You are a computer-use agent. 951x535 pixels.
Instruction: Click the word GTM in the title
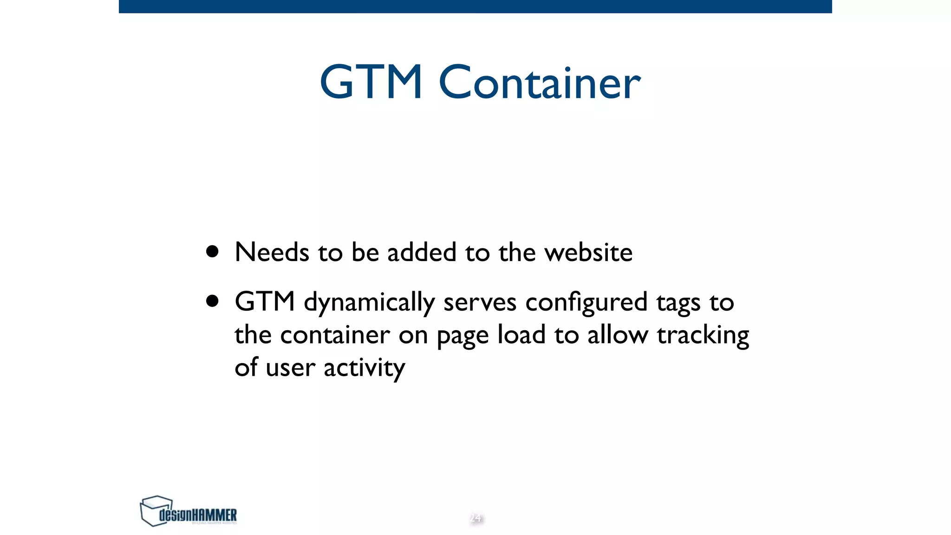[x=371, y=83]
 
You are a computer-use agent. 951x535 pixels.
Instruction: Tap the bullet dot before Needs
[x=213, y=252]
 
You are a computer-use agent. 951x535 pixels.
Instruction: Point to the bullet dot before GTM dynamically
[x=213, y=301]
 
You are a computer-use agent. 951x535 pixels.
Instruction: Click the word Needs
[x=272, y=253]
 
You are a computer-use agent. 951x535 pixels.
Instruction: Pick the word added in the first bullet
[x=422, y=253]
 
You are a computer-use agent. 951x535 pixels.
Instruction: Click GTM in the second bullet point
[x=265, y=302]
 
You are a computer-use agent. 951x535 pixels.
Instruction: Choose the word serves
[x=480, y=303]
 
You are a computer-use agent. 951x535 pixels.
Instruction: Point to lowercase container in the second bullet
[x=335, y=335]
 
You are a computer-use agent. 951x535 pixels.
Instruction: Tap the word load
[x=521, y=334]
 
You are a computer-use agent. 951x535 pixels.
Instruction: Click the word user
[x=290, y=368]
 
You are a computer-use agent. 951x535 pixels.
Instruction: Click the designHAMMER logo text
[x=198, y=515]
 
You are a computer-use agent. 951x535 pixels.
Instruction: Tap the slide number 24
[x=475, y=518]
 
